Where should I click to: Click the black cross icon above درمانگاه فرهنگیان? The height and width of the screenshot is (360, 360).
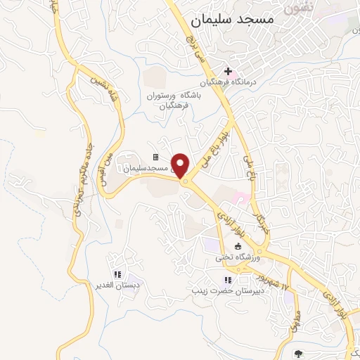[x=228, y=71]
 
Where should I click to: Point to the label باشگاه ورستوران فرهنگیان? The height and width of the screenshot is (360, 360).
[x=169, y=101]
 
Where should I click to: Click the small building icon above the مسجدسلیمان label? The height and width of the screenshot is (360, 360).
[x=155, y=157]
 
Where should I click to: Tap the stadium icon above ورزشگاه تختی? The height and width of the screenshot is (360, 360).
[x=238, y=246]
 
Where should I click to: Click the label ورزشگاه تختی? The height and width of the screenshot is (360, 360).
[x=238, y=257]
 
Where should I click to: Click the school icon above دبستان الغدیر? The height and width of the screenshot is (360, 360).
[x=117, y=274]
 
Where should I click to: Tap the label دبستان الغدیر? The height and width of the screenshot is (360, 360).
[x=117, y=285]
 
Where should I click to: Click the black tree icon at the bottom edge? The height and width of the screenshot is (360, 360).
[x=299, y=354]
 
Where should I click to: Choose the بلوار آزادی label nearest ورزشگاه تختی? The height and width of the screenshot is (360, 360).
[x=232, y=221]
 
